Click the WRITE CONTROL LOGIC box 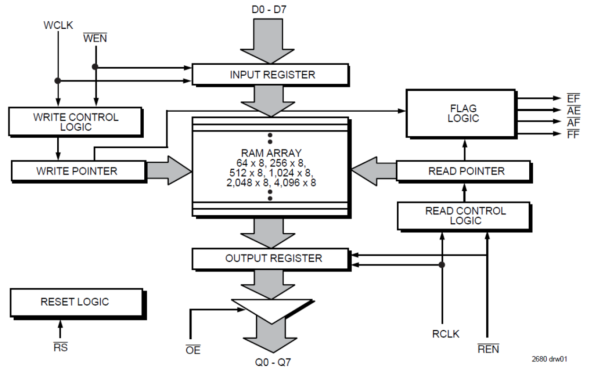pos(75,122)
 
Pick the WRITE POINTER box pos(78,171)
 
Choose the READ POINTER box pos(463,171)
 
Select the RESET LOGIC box pos(75,301)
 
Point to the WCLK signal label pos(58,25)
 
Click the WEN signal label pos(95,38)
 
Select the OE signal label pos(193,350)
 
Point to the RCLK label pos(445,334)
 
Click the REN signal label pos(488,349)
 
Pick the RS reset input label pos(60,347)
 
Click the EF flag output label pos(573,99)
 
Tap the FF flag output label pos(573,134)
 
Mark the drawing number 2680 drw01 pos(550,359)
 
